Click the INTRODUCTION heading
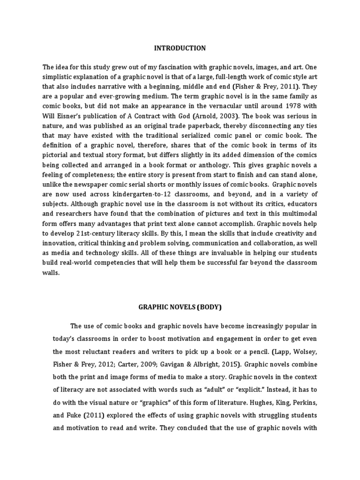click(x=180, y=48)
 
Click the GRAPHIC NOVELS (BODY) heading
click(x=180, y=307)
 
